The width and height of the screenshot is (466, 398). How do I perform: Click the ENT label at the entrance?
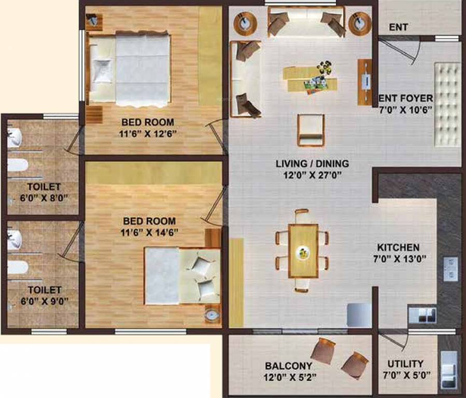click(x=398, y=27)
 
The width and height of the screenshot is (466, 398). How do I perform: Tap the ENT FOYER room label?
click(x=406, y=97)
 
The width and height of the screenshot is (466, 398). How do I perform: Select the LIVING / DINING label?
click(x=312, y=164)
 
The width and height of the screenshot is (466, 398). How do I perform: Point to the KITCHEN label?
click(x=398, y=247)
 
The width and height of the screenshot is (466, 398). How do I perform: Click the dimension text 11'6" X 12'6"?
click(x=148, y=134)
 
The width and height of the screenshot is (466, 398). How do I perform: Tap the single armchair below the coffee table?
click(x=310, y=130)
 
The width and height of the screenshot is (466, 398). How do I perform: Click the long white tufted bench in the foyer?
click(x=447, y=105)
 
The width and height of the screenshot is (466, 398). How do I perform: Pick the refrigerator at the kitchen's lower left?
click(x=359, y=315)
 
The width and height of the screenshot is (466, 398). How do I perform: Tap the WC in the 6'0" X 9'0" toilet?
click(x=17, y=267)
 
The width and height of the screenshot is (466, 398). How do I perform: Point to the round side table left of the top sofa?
click(x=244, y=23)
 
